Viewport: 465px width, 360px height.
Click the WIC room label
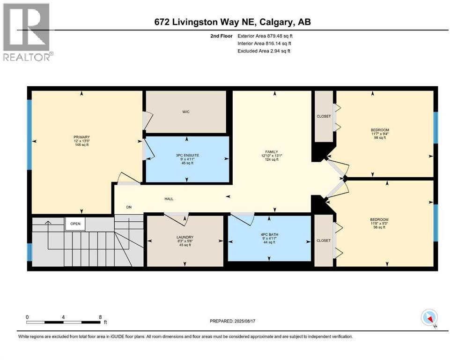186,112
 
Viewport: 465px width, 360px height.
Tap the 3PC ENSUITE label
187,155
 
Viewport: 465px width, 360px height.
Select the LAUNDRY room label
185,237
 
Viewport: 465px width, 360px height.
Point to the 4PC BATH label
269,234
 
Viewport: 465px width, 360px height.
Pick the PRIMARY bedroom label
81,137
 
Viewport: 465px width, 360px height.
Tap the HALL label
169,199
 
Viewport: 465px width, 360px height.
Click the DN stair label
129,208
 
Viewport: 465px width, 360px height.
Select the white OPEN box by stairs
75,224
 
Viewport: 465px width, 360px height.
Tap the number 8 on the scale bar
101,317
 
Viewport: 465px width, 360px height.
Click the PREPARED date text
232,321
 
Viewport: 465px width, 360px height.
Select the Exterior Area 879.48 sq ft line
265,36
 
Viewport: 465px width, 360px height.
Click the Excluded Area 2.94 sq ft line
264,51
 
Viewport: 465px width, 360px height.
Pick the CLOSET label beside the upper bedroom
324,116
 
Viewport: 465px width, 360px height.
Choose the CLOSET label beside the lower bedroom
323,240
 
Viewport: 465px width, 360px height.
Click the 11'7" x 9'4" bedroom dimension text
380,134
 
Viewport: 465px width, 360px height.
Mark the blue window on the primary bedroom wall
30,135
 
